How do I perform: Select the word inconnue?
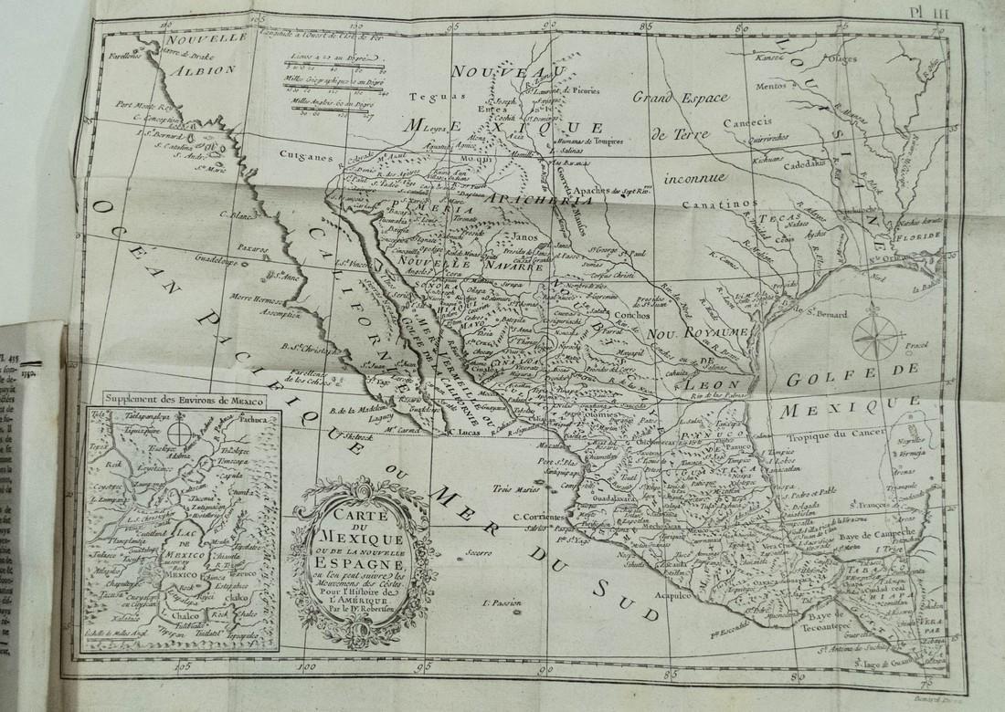[695, 174]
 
